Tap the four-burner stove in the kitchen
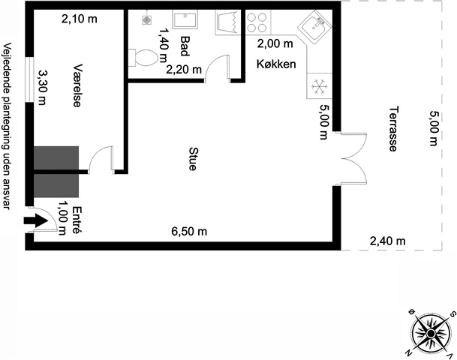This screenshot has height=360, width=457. pos(257,22)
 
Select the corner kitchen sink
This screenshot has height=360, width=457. pos(314,27)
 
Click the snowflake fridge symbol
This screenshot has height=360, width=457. pos(320,86)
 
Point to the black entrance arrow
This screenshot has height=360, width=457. pos(35,220)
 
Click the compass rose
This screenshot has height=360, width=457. pos(431,334)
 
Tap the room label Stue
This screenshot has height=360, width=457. pos(193,159)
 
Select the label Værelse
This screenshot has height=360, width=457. pos(77,85)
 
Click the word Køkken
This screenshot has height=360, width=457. pos(276,64)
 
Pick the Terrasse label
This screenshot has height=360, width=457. pos(393,129)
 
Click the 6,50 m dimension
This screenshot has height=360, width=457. pos(189,232)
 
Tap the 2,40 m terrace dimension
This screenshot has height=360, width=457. pos(388,241)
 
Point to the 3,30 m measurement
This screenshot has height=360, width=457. pos(42,88)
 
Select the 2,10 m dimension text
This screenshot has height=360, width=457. pos(80,19)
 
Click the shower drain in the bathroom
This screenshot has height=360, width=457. pos(146,20)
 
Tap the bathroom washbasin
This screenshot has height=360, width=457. pos(185,19)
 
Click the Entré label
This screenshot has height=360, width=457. pos(77,220)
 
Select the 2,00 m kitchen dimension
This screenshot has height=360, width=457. pos(275,43)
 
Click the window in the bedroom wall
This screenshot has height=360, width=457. pos(29,79)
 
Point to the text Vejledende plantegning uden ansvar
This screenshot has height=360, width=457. pos(7,126)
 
